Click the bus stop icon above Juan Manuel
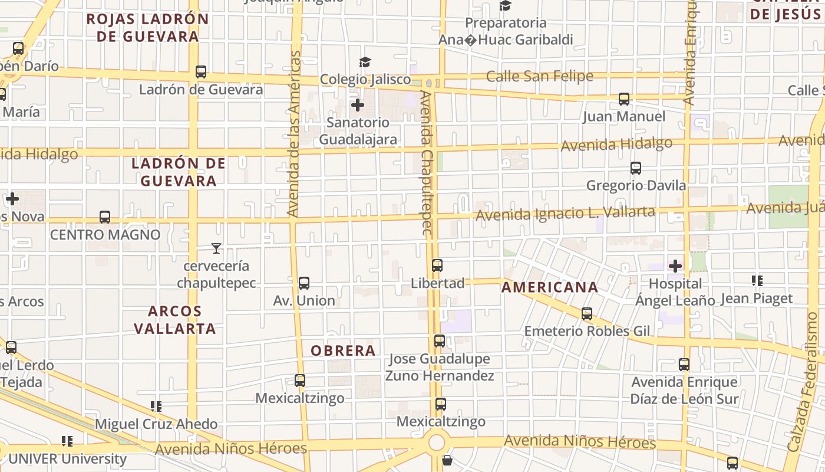(x=624, y=99)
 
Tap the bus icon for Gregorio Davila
(x=635, y=168)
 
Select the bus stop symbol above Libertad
(x=437, y=265)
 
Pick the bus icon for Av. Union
(x=304, y=283)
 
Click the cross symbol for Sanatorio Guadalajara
(x=357, y=106)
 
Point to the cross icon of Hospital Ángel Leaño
(x=675, y=266)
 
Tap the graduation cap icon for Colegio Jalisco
(x=365, y=63)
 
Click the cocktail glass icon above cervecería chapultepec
(x=216, y=248)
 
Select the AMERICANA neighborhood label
(x=549, y=288)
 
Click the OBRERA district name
(x=343, y=351)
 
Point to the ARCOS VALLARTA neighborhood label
(x=175, y=320)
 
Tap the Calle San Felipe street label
(x=539, y=76)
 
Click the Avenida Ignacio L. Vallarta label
(x=565, y=214)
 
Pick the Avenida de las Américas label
(x=295, y=134)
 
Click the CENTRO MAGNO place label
(x=105, y=235)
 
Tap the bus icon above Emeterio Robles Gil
(x=586, y=314)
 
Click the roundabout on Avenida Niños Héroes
(x=437, y=442)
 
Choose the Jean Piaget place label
(x=757, y=299)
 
